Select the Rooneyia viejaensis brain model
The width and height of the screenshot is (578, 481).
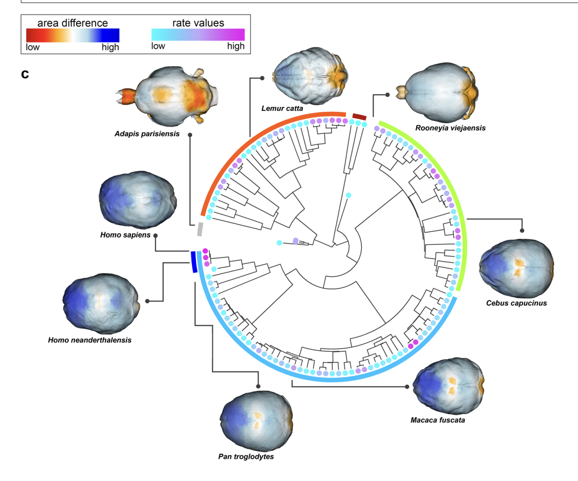pyautogui.click(x=439, y=91)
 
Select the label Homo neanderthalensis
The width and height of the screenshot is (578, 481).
pyautogui.click(x=90, y=340)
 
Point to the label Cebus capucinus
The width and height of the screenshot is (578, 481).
pyautogui.click(x=517, y=303)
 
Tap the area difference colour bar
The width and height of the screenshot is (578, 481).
pyautogui.click(x=73, y=35)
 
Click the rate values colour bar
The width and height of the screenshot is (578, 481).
pyautogui.click(x=197, y=35)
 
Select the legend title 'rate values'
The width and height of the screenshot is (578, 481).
pyautogui.click(x=198, y=23)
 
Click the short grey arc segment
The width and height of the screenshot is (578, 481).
pyautogui.click(x=200, y=229)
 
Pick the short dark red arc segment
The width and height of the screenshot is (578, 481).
pyautogui.click(x=359, y=115)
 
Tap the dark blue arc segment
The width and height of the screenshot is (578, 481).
pyautogui.click(x=193, y=262)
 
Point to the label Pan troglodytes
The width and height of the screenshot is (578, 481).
pyautogui.click(x=246, y=456)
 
